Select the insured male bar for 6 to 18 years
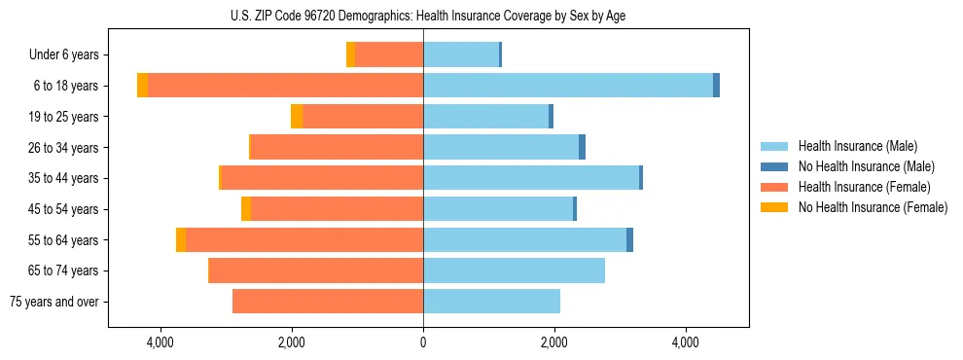(568, 86)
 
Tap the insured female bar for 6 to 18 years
(285, 86)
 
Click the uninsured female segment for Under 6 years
(350, 54)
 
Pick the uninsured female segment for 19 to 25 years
(297, 117)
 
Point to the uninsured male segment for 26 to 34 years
(582, 147)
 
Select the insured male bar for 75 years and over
(491, 302)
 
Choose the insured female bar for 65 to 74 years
(316, 270)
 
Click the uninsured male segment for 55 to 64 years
(629, 239)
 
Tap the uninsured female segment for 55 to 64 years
(181, 239)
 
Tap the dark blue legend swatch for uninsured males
(774, 166)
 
